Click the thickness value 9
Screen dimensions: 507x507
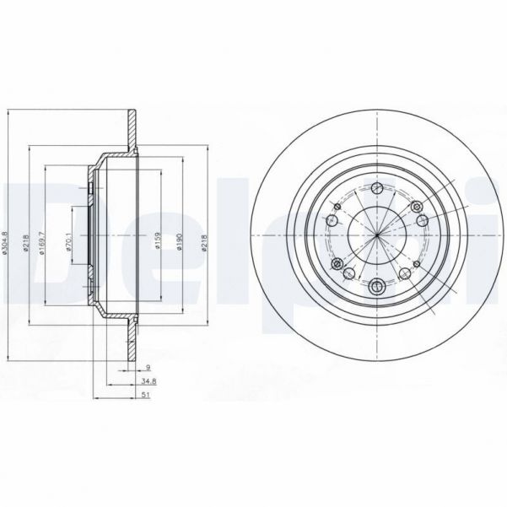pos(148,368)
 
